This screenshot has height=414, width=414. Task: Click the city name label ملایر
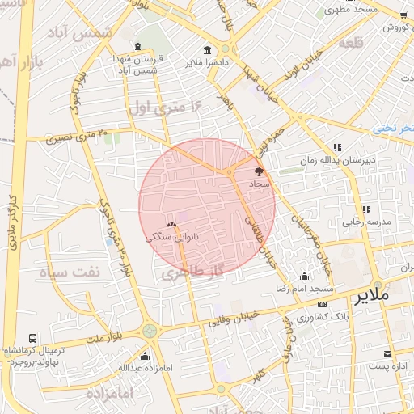382,297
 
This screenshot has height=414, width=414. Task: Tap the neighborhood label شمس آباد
91,34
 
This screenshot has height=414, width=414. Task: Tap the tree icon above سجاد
259,171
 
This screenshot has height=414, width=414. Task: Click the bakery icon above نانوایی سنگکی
171,225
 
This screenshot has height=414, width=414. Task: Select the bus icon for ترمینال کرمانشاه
32,338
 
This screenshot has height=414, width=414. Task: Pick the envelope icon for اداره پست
388,354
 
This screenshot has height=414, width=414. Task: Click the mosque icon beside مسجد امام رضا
304,276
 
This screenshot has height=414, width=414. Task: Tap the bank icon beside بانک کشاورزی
322,305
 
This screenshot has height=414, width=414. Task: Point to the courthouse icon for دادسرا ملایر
209,49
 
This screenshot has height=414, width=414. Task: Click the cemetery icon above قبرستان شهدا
138,46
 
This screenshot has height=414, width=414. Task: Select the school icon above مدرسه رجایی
366,209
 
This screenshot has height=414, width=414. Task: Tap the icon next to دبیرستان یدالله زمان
337,147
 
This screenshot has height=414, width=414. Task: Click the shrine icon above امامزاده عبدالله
145,356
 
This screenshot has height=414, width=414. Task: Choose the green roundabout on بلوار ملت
150,330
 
